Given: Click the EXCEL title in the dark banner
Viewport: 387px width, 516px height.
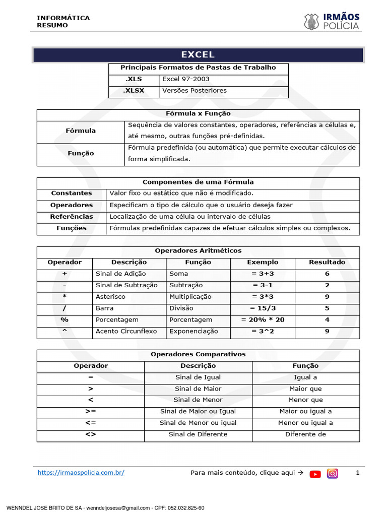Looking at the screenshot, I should [198, 55].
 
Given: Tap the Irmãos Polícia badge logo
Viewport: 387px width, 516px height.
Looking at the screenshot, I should [311, 22].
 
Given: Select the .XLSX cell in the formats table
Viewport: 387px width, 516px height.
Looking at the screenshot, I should [134, 91].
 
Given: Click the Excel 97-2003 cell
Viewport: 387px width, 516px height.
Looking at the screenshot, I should [186, 79].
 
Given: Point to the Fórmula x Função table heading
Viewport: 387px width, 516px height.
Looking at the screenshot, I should [198, 114].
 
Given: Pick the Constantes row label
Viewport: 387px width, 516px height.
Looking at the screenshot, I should [72, 193].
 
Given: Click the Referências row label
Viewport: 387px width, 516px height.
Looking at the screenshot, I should [72, 217].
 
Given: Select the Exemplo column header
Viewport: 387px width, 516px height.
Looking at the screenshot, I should [263, 262].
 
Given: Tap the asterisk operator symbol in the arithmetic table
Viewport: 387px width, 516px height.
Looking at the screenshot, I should [64, 297].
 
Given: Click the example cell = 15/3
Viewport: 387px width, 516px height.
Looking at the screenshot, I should [263, 308].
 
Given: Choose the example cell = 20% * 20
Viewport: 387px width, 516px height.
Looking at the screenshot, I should [263, 320].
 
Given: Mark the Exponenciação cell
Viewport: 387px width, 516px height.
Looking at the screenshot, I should [193, 332].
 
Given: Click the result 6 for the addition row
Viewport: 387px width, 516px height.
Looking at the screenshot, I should [327, 274].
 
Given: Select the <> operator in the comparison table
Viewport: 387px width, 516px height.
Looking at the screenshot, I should [91, 434].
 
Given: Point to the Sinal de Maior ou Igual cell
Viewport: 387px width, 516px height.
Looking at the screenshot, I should [198, 412].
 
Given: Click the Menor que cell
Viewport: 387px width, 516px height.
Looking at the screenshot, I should [305, 400].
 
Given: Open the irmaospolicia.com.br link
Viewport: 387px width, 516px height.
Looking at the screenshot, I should [81, 473].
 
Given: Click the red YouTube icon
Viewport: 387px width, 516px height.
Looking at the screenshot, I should [315, 474].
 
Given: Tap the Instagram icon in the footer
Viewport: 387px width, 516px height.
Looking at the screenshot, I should [333, 473].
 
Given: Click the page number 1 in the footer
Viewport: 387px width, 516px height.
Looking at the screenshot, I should [357, 473].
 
